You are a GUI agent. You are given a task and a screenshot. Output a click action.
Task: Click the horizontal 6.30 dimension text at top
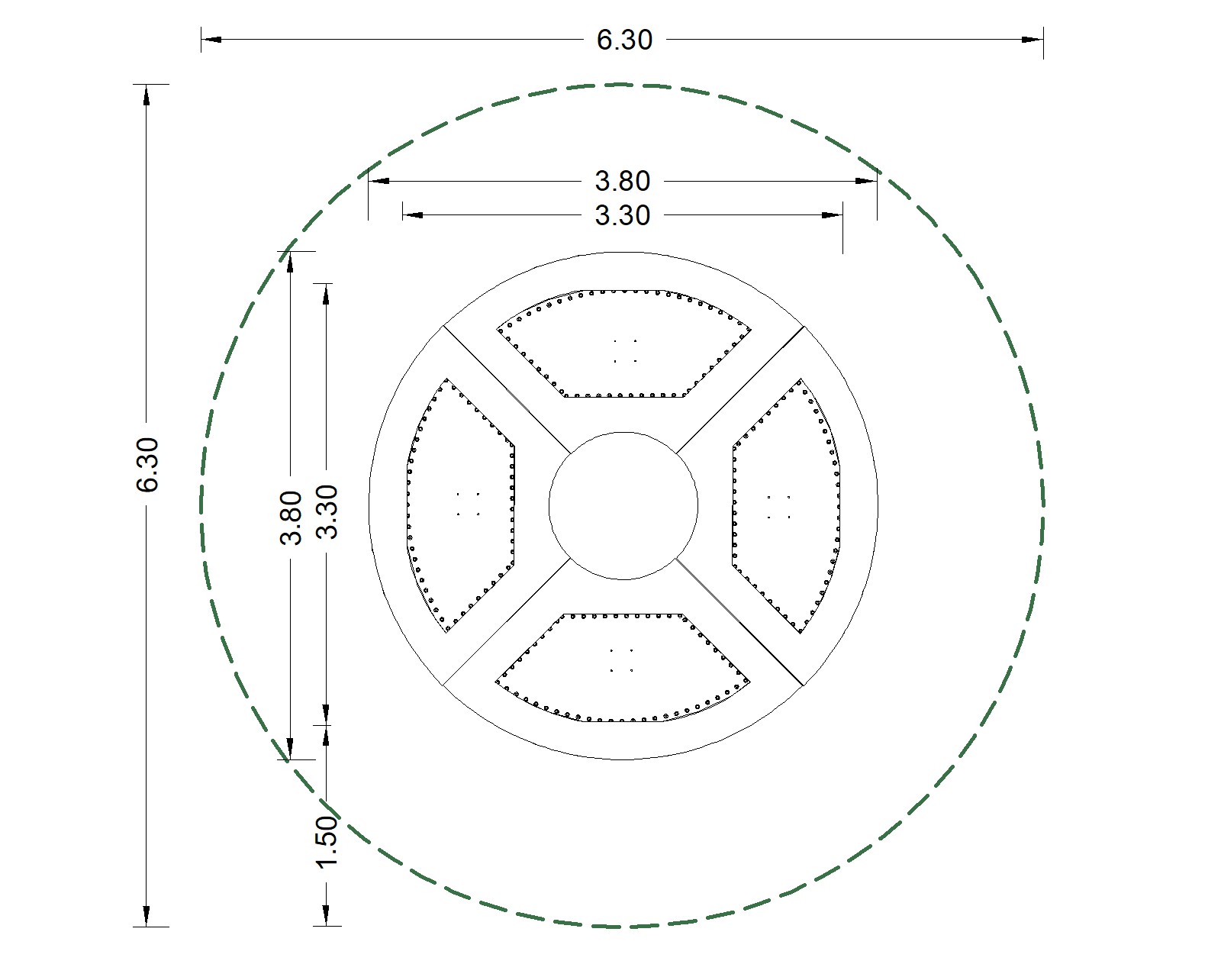tap(624, 40)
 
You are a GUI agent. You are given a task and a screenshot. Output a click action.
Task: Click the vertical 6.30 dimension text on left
tap(147, 464)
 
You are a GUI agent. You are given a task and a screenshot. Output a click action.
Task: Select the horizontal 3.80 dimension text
tap(623, 181)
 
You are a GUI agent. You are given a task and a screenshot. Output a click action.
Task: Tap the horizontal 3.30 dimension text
tap(623, 216)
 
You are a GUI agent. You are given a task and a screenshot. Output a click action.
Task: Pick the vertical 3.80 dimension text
tap(291, 518)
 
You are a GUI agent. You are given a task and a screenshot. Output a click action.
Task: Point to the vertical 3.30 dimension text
tap(327, 511)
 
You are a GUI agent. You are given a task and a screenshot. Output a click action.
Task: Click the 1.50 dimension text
tap(327, 842)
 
